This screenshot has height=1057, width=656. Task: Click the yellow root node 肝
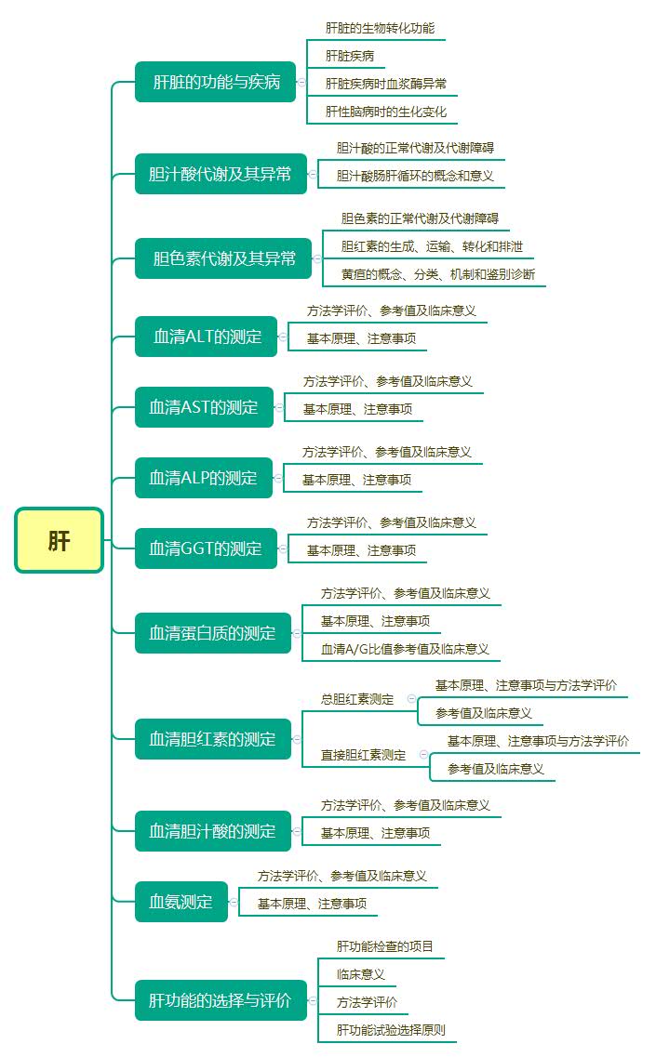point(59,540)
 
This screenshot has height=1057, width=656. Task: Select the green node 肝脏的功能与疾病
point(216,82)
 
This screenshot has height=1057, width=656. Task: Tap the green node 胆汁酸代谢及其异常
point(220,174)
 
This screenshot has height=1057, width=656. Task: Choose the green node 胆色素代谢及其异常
point(224,258)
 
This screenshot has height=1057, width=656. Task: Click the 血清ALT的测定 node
point(207,337)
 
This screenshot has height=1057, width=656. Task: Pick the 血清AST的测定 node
point(204,407)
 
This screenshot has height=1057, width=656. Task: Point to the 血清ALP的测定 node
point(203,478)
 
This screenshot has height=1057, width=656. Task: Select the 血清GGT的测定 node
point(206,548)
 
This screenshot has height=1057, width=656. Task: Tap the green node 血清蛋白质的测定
point(212,633)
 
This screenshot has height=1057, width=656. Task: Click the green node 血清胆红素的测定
point(212,739)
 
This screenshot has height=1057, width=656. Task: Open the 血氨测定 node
point(181,902)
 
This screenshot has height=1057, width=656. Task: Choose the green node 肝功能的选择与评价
point(220,1000)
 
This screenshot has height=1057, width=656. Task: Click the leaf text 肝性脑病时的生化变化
point(386,112)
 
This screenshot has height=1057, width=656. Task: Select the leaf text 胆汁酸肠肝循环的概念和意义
point(415,175)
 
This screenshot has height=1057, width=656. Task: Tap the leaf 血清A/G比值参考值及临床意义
point(405,649)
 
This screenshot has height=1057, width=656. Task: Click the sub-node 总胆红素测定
point(357,699)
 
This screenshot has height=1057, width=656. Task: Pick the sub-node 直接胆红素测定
point(363,755)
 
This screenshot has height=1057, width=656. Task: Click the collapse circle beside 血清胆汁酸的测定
point(298,831)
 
